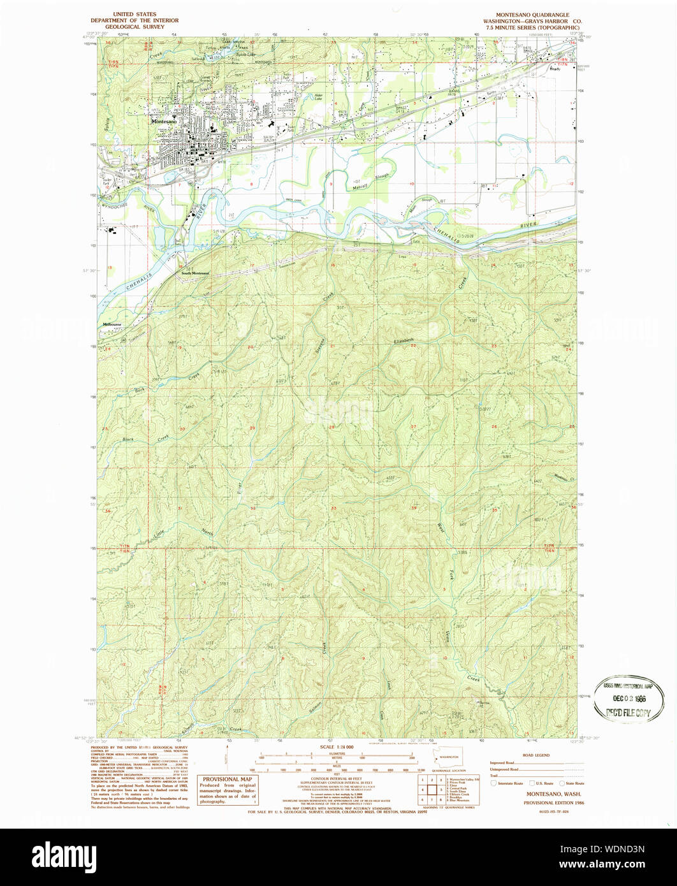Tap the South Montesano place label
pyautogui.click(x=195, y=273)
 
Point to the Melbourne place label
pyautogui.click(x=113, y=324)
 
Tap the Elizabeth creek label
pyautogui.click(x=404, y=341)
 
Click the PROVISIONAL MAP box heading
pyautogui.click(x=228, y=779)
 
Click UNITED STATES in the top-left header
pyautogui.click(x=135, y=14)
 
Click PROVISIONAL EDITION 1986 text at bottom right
pyautogui.click(x=552, y=802)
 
